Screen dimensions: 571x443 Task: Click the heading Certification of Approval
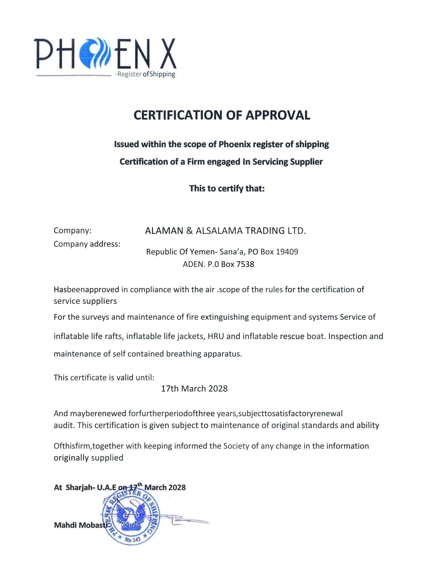[x=222, y=115]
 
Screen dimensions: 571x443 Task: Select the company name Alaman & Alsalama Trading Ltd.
[x=225, y=231]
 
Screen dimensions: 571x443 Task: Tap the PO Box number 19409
[x=287, y=252]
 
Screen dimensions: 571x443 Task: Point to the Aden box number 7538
[x=245, y=264]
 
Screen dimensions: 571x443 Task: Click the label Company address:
[x=87, y=244]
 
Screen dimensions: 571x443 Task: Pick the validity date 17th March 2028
[x=194, y=389]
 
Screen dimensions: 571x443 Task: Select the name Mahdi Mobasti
[x=80, y=525]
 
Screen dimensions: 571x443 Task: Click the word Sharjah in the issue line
[x=79, y=488]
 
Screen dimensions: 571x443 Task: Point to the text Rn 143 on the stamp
[x=133, y=540]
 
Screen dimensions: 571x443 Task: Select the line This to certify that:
[x=227, y=189]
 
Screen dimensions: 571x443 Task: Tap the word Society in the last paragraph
[x=236, y=446]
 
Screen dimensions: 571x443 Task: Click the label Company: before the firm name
[x=72, y=231]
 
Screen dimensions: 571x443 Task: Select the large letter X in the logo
[x=168, y=53]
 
